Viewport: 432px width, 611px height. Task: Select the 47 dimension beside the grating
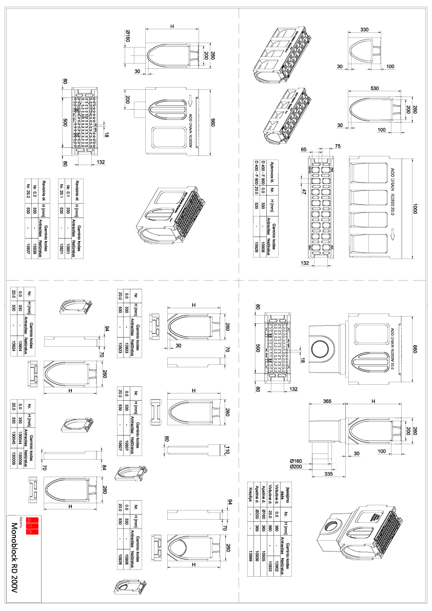click(x=303, y=192)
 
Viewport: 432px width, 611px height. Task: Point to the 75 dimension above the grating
click(x=337, y=146)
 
